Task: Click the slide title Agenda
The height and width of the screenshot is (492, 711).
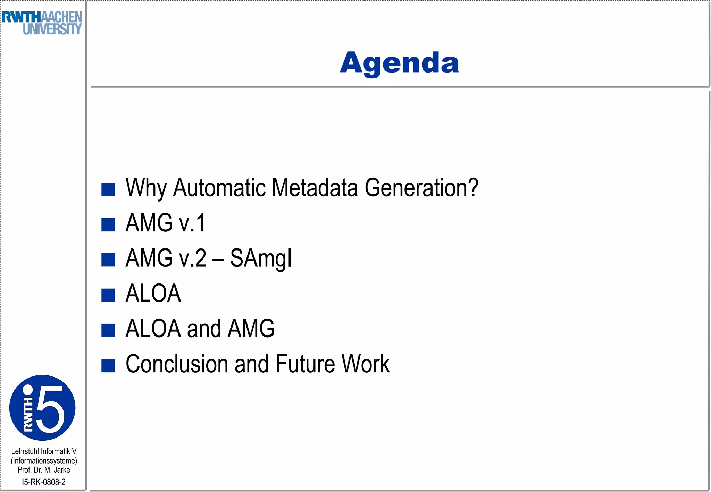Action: pyautogui.click(x=399, y=63)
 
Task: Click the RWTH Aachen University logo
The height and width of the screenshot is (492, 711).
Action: pyautogui.click(x=42, y=23)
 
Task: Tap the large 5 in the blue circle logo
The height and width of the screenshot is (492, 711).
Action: pyautogui.click(x=51, y=409)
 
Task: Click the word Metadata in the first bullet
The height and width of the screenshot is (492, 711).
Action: pyautogui.click(x=315, y=188)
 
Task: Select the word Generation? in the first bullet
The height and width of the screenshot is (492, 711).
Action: pyautogui.click(x=421, y=188)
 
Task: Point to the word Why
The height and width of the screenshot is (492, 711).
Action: pyautogui.click(x=146, y=188)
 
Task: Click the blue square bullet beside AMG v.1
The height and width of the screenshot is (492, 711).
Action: pyautogui.click(x=108, y=224)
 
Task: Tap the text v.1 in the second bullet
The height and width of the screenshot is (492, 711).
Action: pyautogui.click(x=192, y=223)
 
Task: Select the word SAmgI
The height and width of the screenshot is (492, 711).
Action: pyautogui.click(x=261, y=258)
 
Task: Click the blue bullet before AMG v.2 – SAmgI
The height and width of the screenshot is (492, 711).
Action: pyautogui.click(x=108, y=260)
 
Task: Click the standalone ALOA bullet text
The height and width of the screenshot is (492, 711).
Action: pyautogui.click(x=153, y=294)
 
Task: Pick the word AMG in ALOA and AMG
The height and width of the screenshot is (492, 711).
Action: pyautogui.click(x=251, y=329)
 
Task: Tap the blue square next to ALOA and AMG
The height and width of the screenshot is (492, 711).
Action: pyautogui.click(x=108, y=330)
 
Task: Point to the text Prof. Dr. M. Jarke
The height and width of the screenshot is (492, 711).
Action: pyautogui.click(x=44, y=470)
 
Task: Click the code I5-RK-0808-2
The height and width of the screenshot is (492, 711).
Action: pyautogui.click(x=44, y=482)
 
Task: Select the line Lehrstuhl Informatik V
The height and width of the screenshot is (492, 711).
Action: pyautogui.click(x=44, y=451)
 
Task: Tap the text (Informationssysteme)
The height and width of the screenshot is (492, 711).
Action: pyautogui.click(x=44, y=461)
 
